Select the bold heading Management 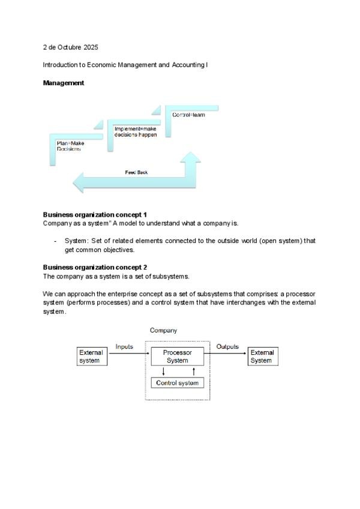tap(64, 83)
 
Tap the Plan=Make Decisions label tap(70, 146)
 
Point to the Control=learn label tap(188, 115)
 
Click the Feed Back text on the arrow tap(136, 172)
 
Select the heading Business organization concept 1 tap(95, 215)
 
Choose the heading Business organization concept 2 tap(95, 267)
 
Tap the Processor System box tap(177, 357)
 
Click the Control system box tap(177, 382)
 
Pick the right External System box tap(262, 357)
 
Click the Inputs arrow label tap(124, 347)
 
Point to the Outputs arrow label tap(227, 347)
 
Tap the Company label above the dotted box tap(163, 331)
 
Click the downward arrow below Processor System tap(163, 372)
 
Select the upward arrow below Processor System tap(193, 372)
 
